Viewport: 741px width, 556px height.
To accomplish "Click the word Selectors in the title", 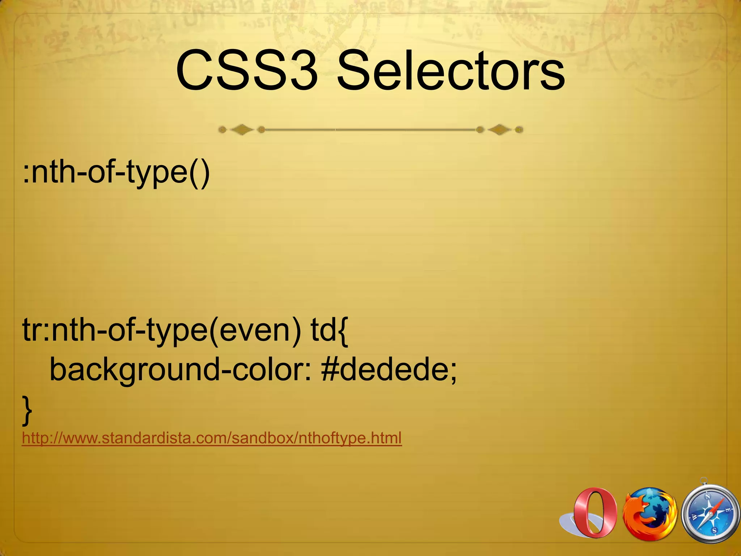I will point(450,71).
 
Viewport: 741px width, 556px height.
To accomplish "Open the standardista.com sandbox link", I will point(212,438).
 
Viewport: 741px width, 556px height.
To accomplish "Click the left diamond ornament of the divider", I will point(242,130).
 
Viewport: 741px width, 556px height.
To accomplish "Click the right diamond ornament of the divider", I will point(499,130).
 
